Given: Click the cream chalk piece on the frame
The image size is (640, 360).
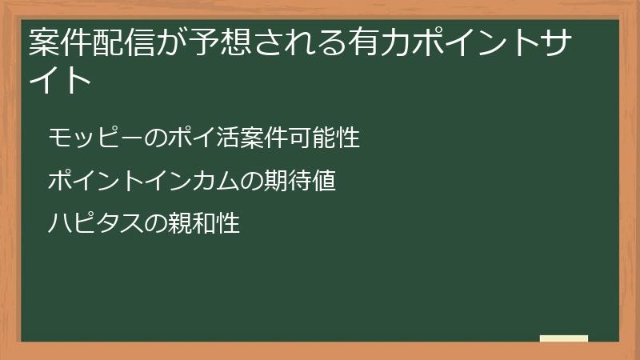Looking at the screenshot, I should (564, 338).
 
